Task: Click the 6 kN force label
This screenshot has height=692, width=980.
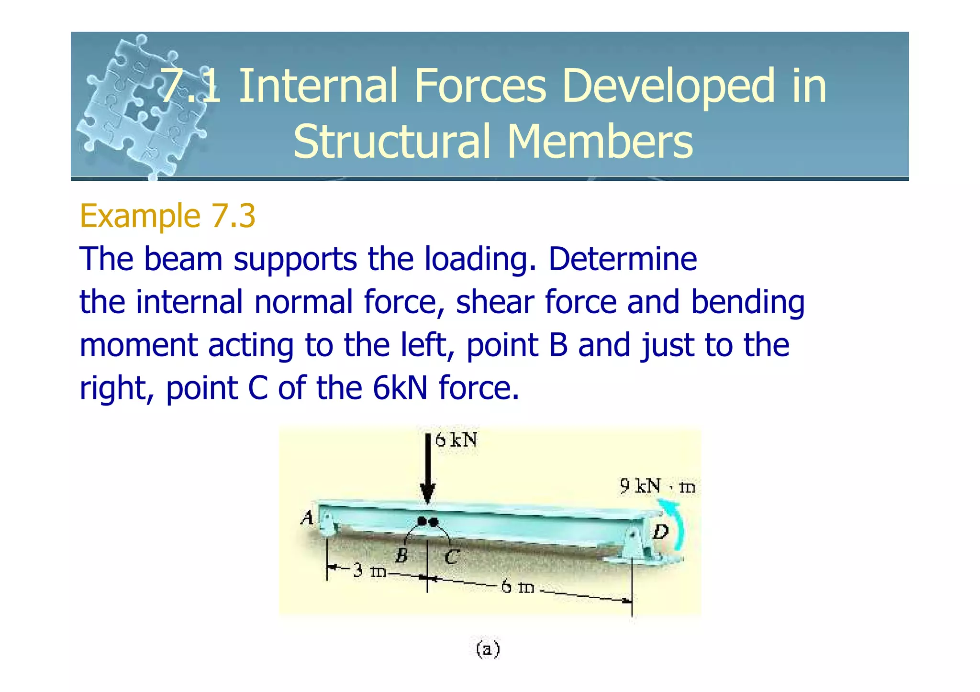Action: [456, 440]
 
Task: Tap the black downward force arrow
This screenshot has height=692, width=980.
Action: [427, 469]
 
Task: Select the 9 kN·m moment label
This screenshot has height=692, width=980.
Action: [657, 486]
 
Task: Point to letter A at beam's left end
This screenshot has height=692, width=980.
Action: [307, 517]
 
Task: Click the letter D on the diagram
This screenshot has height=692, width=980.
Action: [661, 531]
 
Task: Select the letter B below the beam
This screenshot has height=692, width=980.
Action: [401, 556]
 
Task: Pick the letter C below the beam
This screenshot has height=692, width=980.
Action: [451, 557]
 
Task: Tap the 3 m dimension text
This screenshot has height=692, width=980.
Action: [369, 571]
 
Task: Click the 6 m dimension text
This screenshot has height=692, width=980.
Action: [517, 586]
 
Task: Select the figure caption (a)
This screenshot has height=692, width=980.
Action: [488, 649]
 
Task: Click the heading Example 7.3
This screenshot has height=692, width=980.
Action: [167, 216]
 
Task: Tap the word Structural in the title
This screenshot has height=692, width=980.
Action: [392, 141]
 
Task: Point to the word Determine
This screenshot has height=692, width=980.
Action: [622, 259]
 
